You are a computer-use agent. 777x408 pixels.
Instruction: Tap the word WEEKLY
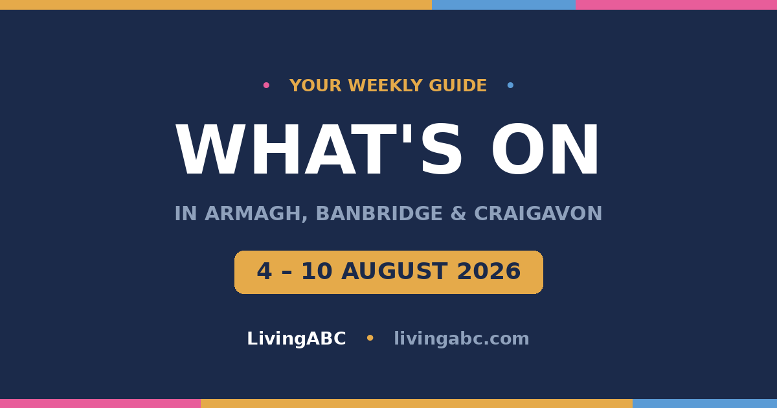pos(385,85)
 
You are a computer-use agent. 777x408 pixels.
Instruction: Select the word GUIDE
pos(458,85)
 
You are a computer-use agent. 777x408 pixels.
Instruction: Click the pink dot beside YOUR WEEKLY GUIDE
pos(266,85)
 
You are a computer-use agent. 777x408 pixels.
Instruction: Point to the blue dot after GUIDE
pos(510,85)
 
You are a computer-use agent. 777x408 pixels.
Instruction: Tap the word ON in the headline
pos(545,150)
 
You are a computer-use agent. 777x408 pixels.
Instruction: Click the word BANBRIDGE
pos(379,213)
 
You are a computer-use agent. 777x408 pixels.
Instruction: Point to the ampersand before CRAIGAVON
pos(458,213)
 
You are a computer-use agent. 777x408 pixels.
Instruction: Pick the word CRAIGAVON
pos(538,213)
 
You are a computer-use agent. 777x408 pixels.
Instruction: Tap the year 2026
pos(489,271)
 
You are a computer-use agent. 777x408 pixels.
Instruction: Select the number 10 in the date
pos(317,271)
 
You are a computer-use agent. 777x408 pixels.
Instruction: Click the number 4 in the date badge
pos(264,271)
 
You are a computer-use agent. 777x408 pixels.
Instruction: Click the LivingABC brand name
pos(297,339)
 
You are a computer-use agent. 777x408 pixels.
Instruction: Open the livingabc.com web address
pos(461,339)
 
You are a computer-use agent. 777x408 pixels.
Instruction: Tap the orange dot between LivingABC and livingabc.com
pos(370,337)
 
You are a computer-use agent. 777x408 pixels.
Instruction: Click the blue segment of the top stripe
pos(504,5)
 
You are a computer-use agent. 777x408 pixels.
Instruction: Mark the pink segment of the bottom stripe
pos(100,403)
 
